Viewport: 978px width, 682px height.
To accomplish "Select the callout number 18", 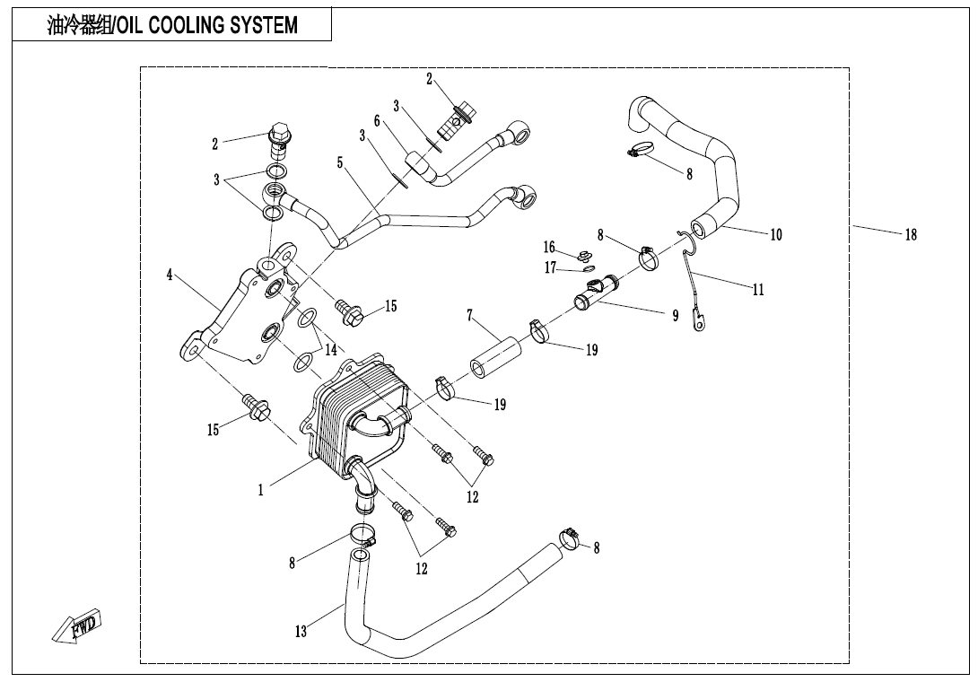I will pos(910,235).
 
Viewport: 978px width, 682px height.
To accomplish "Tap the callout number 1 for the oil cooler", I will pos(261,491).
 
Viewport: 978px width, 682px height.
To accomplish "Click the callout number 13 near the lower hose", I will pos(301,632).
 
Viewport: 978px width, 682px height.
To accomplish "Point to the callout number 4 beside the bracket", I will pos(170,275).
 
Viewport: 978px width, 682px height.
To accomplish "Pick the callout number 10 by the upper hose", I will pos(775,235).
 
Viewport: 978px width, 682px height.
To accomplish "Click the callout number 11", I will pos(758,290).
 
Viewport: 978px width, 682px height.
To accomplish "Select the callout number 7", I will pos(469,315).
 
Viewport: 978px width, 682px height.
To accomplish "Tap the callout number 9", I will pos(675,316).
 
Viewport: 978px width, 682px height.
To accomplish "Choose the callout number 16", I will pos(549,247).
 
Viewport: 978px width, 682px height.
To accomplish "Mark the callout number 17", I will pos(550,267).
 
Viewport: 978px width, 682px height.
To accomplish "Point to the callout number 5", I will pos(340,162).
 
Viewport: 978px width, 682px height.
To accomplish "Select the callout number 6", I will pos(378,121).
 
